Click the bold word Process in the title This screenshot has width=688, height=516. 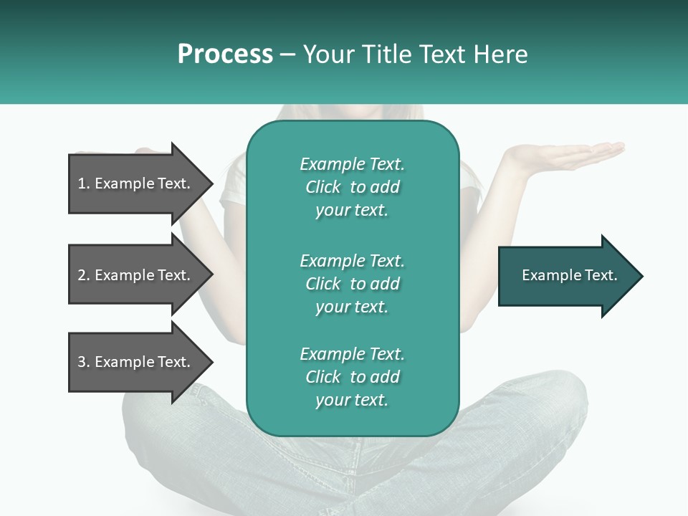click(225, 54)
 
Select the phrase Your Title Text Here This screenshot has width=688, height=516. click(415, 54)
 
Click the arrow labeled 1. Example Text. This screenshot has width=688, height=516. click(136, 183)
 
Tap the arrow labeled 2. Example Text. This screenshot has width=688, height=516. click(136, 275)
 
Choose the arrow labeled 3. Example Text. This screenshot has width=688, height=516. click(136, 362)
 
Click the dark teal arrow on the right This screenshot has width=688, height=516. click(566, 276)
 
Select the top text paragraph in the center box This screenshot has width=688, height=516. click(352, 187)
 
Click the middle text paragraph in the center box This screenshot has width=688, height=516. click(352, 284)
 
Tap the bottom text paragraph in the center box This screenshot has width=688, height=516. click(352, 377)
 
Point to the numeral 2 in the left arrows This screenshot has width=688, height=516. click(82, 275)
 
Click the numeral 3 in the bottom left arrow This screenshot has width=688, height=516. click(82, 362)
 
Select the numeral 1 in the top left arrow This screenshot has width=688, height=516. click(82, 183)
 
